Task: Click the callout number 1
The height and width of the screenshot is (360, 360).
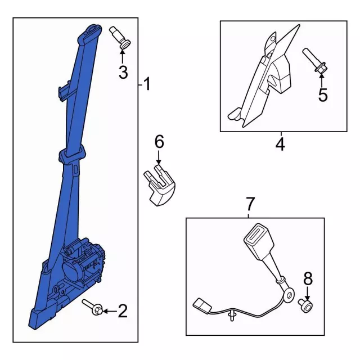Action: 147,84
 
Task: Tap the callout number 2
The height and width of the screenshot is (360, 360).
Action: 123,311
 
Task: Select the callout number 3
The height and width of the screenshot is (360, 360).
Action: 123,72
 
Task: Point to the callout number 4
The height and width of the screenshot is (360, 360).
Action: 280,145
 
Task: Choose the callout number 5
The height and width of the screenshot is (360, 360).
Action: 323,94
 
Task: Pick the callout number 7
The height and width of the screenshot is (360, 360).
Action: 250,204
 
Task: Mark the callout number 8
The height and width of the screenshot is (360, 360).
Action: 308,278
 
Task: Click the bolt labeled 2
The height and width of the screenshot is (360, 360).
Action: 92,308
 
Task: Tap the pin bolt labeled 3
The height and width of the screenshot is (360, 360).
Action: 120,38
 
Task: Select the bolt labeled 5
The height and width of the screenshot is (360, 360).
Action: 315,61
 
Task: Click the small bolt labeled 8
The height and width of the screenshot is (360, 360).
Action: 305,305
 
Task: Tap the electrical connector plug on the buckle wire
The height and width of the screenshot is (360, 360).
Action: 202,306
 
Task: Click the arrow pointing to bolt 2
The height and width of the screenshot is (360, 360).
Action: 110,311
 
